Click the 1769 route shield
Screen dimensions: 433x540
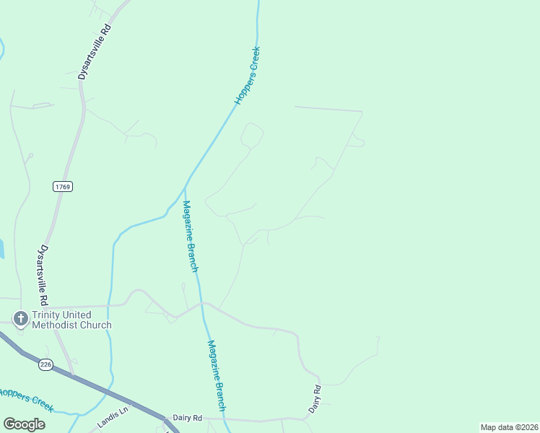coord(63,186)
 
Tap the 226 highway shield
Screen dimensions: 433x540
coord(46,364)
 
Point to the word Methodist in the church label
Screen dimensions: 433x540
coord(58,325)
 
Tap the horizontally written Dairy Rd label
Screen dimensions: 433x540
coord(188,418)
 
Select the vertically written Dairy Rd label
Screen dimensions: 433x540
coord(315,399)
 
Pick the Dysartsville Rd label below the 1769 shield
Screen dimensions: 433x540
coord(44,274)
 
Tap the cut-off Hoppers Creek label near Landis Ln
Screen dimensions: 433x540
coord(26,399)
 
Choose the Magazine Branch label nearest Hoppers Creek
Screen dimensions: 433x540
coord(190,236)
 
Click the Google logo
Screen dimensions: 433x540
coord(24,424)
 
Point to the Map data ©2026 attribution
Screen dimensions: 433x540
coord(509,427)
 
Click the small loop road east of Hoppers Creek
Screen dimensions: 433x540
coord(252,134)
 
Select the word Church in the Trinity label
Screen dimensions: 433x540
coord(96,325)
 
